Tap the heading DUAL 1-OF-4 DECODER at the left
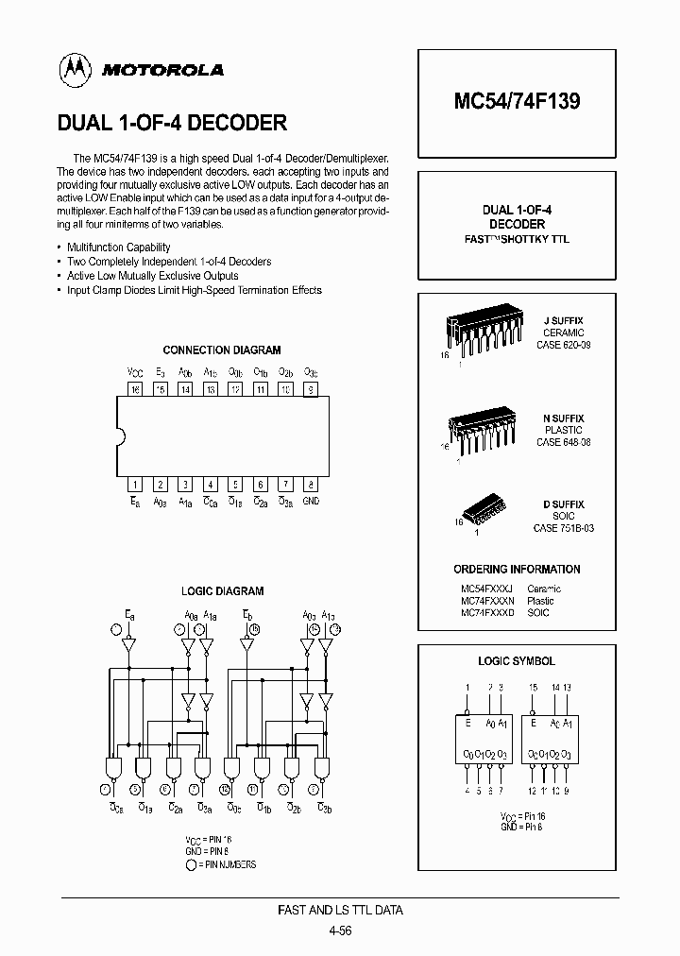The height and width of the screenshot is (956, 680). (x=173, y=123)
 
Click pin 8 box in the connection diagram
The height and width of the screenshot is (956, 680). (x=310, y=484)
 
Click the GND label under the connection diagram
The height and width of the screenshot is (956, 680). (x=311, y=501)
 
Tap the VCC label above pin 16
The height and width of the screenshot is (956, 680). (x=134, y=372)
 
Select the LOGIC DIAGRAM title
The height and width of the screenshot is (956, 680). (x=223, y=591)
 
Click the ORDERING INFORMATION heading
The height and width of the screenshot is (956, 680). (x=517, y=570)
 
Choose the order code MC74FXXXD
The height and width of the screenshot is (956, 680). (x=487, y=613)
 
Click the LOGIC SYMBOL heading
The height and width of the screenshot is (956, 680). (x=517, y=661)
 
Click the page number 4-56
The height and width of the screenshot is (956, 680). (x=340, y=930)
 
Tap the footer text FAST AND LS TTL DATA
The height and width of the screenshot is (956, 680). (x=340, y=911)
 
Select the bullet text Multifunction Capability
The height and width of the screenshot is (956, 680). (x=119, y=247)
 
